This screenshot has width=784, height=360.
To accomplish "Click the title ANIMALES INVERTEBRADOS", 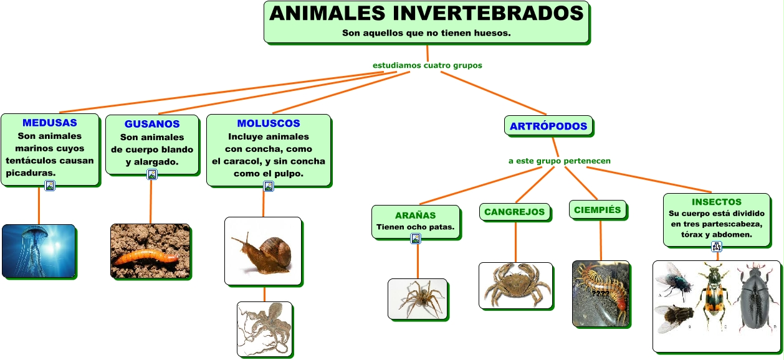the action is point(426,13).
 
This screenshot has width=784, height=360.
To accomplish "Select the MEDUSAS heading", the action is point(50,123).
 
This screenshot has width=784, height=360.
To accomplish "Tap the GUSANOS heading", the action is point(152,124).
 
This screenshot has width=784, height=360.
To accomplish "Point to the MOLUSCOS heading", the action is point(269,123).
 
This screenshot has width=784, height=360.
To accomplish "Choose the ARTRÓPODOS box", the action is point(548,126).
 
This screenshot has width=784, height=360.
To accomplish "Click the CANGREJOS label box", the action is point(515,212).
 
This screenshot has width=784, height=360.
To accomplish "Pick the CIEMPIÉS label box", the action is point(598,210).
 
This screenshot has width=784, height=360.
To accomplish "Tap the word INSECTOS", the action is point(717,202).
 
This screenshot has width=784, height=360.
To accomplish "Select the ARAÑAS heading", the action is point(416,216).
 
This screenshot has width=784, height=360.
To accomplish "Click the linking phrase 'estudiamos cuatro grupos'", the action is point(427,65).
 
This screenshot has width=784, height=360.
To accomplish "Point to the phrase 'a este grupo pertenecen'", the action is point(559,161).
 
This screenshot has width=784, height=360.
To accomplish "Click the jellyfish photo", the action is point(39,251).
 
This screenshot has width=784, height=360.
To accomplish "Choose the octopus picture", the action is point(265,329).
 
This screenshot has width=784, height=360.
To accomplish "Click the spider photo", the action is point(418,299).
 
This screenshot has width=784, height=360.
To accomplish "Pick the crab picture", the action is point(515,285).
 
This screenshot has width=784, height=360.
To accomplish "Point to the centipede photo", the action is point(601,293).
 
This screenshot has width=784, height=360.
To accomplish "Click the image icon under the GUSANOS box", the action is point(152,174).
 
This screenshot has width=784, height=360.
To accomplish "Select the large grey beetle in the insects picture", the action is point(757,299).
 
